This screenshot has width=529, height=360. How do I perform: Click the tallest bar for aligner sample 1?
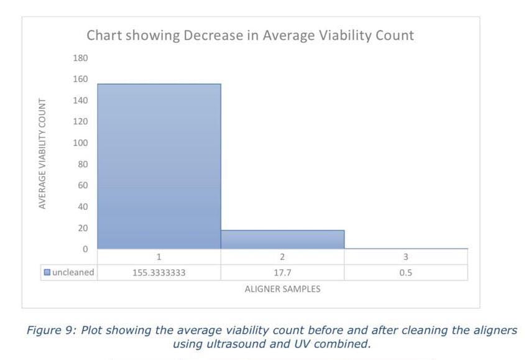click(159, 167)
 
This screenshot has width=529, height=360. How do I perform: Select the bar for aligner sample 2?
click(282, 239)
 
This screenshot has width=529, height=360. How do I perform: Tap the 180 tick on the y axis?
click(81, 58)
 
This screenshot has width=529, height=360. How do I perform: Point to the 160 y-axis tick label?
click(81, 80)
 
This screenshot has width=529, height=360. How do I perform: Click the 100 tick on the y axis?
click(81, 143)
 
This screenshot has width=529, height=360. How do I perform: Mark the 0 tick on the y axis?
click(85, 249)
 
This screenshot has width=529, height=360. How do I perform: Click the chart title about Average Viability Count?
click(250, 35)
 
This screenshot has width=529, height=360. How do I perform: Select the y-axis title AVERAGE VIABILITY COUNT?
click(42, 153)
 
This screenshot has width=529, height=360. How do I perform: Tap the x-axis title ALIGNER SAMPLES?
click(282, 288)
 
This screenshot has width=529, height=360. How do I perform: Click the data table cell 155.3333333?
click(159, 272)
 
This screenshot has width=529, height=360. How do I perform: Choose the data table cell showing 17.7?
click(282, 272)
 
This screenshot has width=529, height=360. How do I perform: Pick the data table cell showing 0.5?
click(405, 272)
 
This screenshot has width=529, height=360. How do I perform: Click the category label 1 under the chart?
click(159, 257)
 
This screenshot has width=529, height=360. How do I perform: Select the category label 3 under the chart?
click(405, 257)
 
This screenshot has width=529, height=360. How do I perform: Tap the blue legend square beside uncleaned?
click(47, 272)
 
